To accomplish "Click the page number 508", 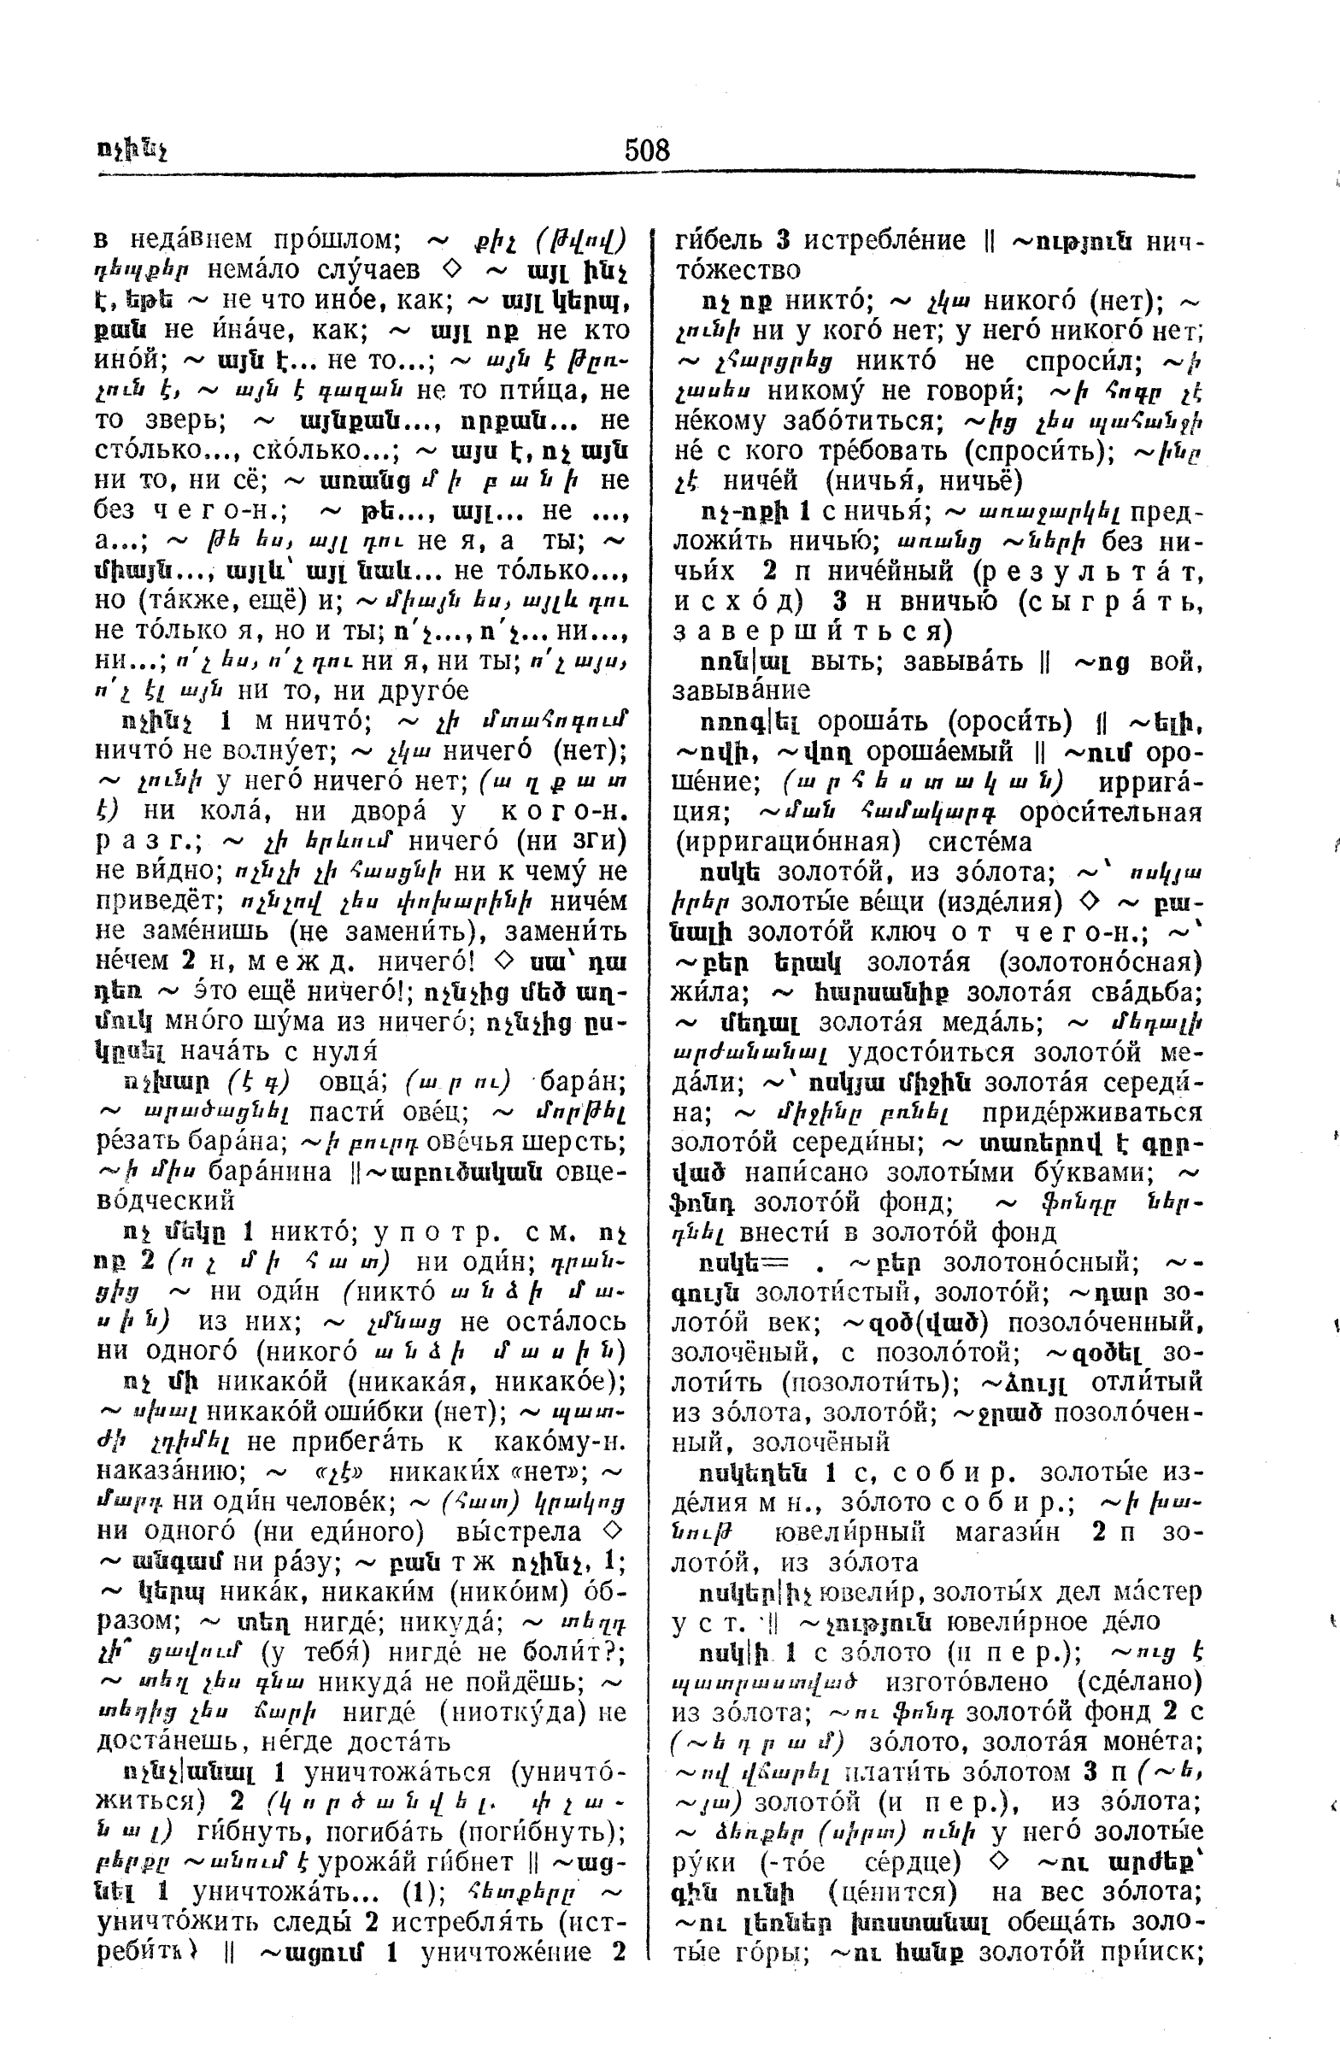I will click(x=647, y=150).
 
